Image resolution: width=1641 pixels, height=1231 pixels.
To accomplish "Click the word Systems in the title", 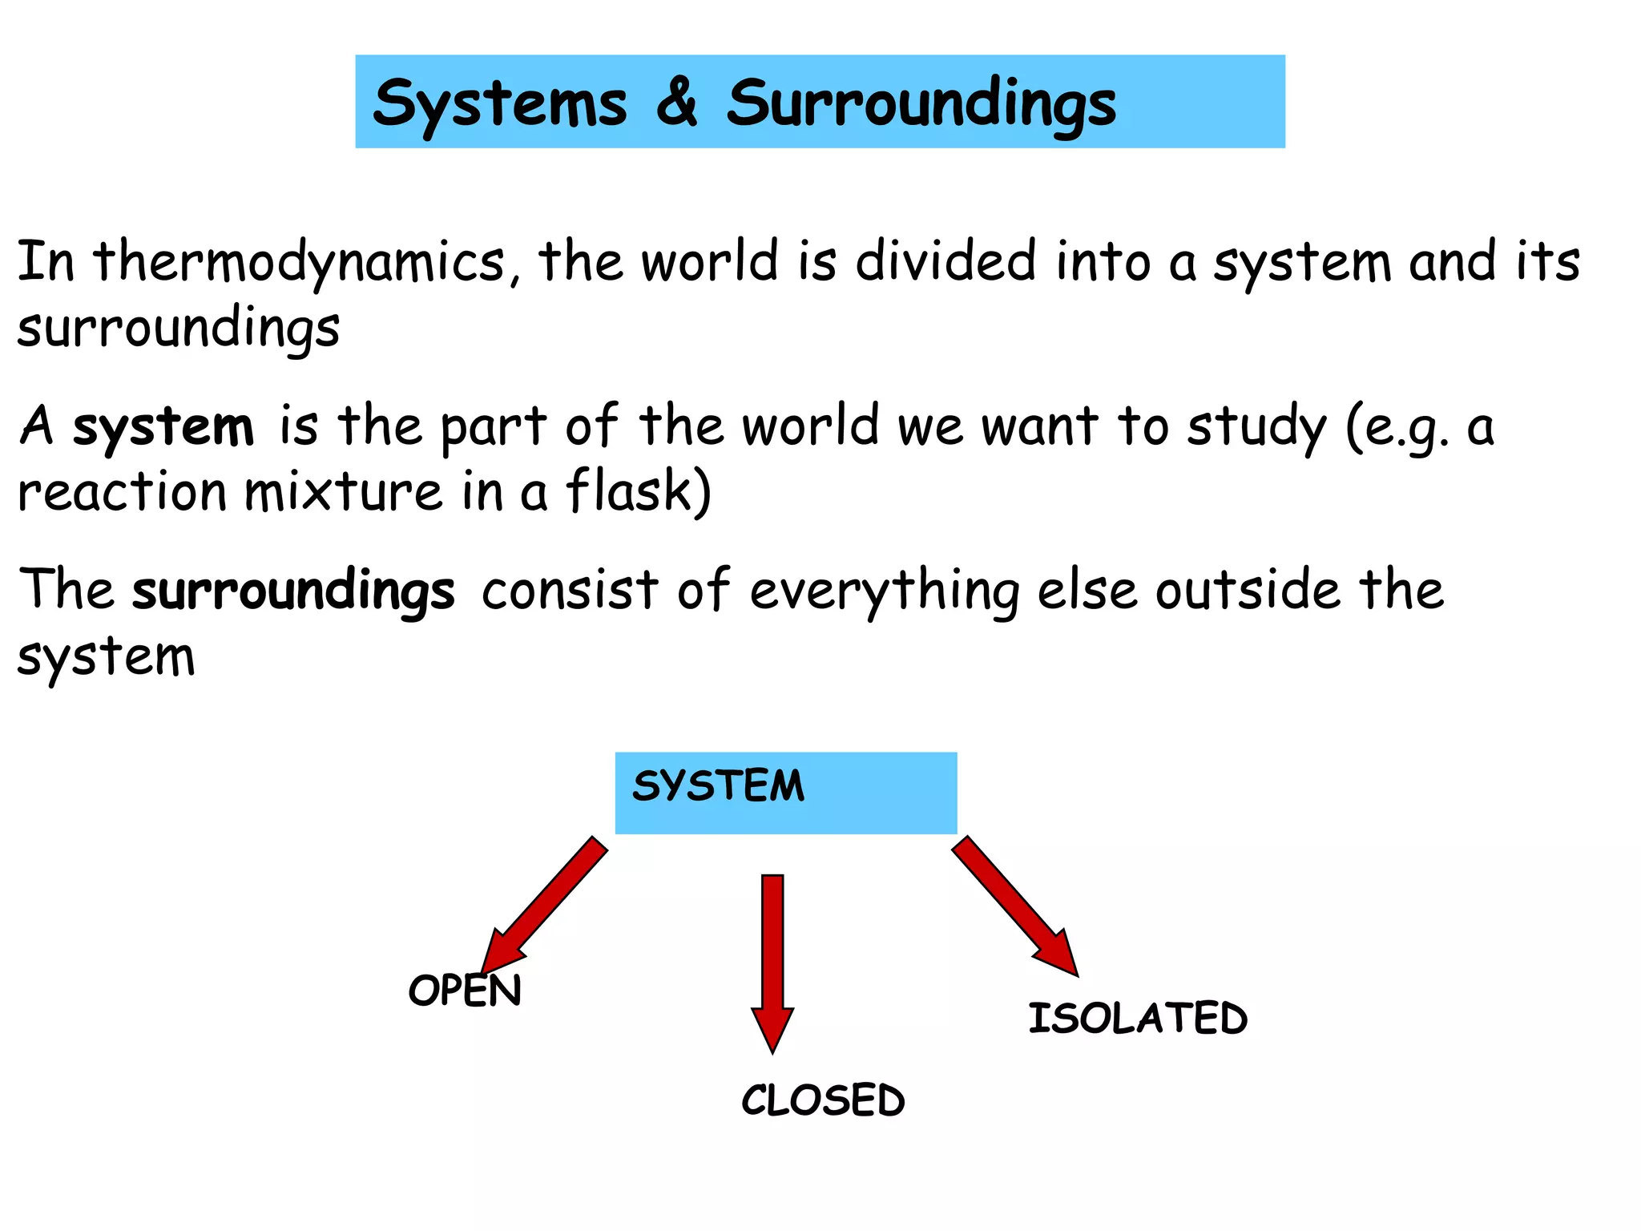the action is (500, 105).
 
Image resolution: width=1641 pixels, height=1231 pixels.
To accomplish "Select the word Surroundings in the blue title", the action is (921, 105).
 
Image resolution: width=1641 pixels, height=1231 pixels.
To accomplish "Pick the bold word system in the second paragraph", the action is (163, 427).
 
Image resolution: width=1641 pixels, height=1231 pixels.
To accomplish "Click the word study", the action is (1256, 427).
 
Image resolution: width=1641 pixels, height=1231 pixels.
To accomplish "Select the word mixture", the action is (343, 490).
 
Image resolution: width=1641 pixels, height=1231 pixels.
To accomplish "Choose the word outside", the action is (1248, 591).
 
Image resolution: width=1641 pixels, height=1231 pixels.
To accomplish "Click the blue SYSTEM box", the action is (786, 793).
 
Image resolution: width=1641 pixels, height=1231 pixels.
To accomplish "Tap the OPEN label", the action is (465, 991).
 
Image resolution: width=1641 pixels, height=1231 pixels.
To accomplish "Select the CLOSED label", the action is (823, 1100).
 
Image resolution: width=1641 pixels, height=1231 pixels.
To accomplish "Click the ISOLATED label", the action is (1138, 1019).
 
